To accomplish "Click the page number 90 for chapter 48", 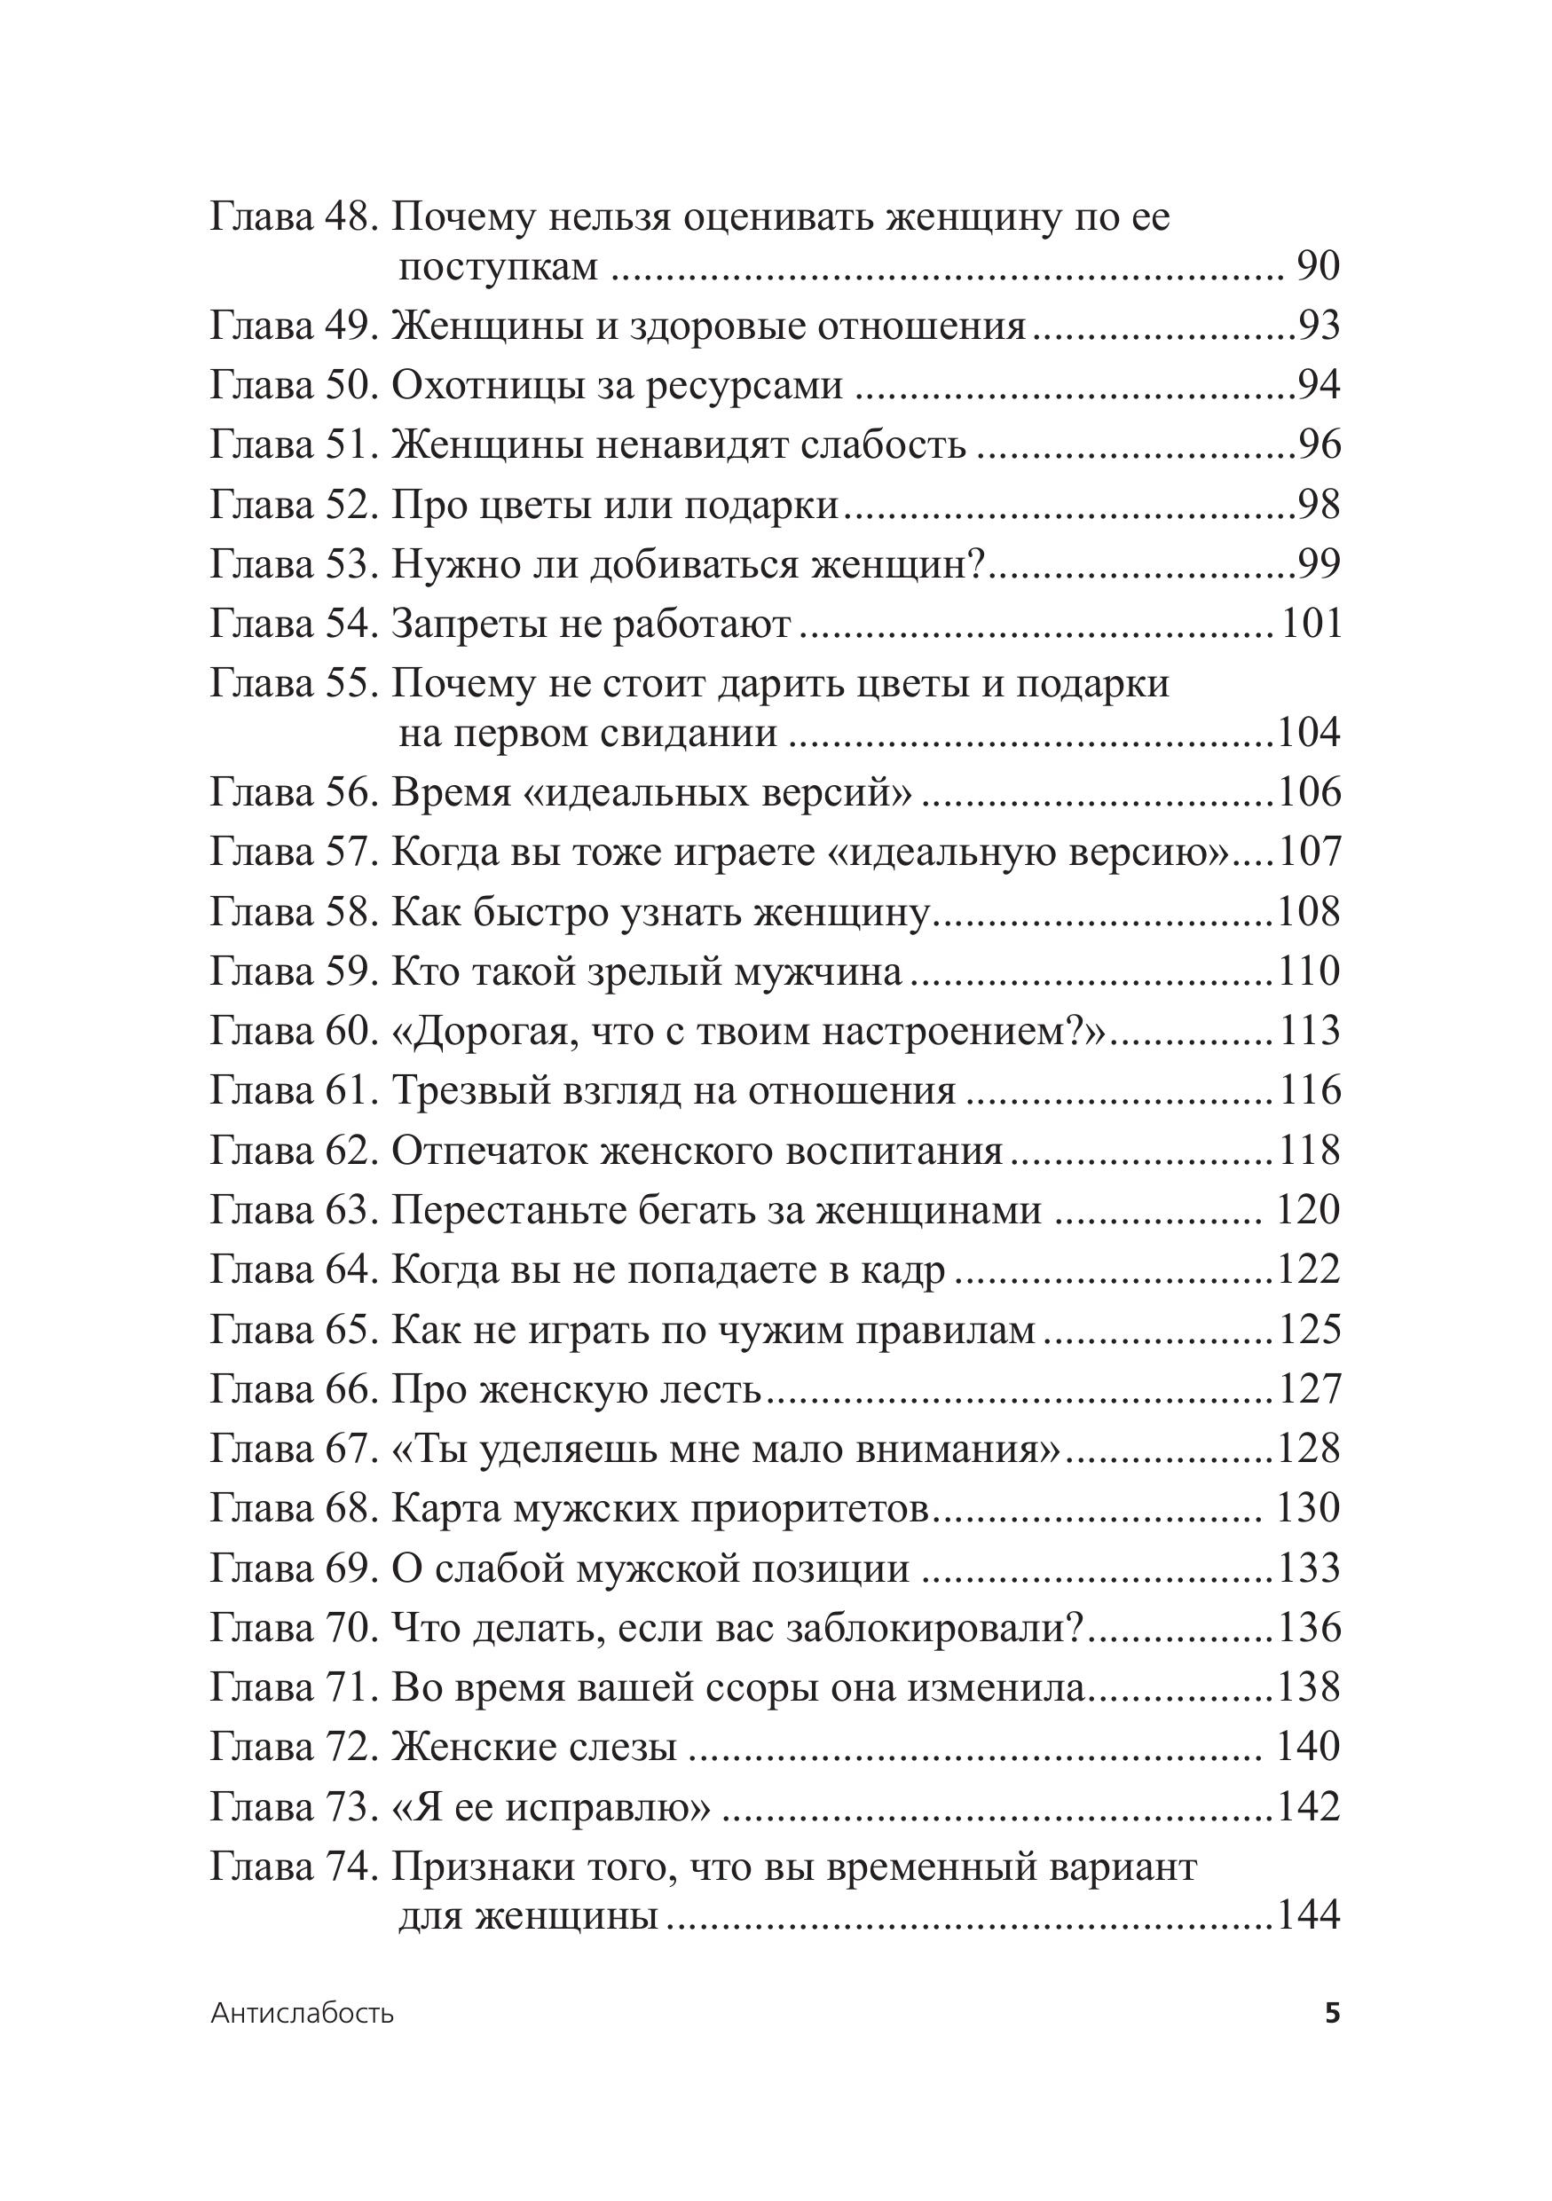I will click(1317, 266).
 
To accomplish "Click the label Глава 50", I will click(292, 385).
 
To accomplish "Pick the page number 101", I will click(1311, 624).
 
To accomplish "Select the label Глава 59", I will click(292, 972).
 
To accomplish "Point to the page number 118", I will click(1310, 1151).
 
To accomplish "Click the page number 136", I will click(1310, 1628).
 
